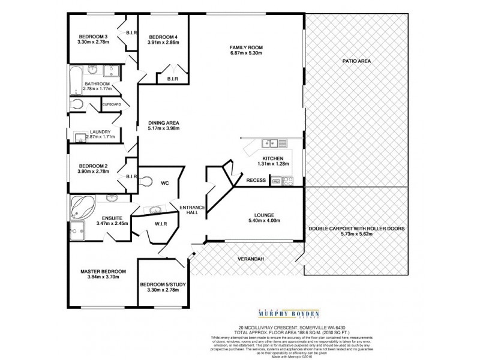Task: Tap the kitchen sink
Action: click(271, 143)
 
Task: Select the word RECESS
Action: click(256, 179)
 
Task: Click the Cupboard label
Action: click(112, 104)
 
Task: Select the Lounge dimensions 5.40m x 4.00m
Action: click(264, 220)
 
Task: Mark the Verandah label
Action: click(252, 259)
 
